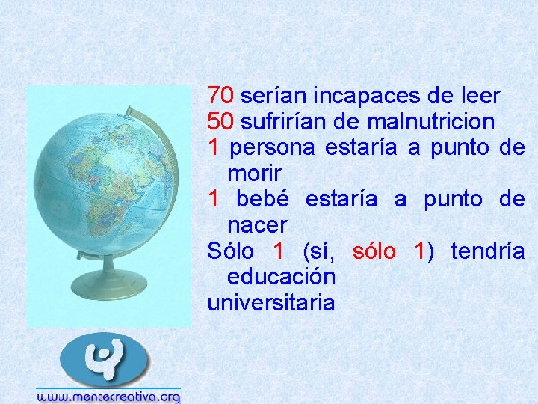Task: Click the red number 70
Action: [220, 96]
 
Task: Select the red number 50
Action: [220, 121]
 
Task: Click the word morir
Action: [254, 174]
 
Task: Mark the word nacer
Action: [257, 224]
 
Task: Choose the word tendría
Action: [487, 251]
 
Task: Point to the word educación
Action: [281, 277]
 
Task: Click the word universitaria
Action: [271, 303]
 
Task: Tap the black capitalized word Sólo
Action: [230, 251]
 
